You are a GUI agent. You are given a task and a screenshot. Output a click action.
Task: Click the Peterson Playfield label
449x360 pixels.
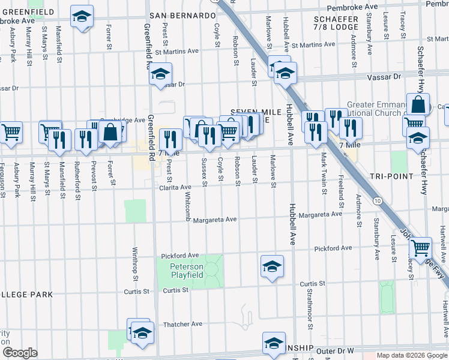187,271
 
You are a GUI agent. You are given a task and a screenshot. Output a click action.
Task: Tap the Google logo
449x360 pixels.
20,353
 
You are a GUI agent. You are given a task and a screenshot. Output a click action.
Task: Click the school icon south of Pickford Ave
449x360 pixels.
272,265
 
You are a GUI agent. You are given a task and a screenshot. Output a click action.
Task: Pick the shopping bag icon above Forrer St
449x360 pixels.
110,132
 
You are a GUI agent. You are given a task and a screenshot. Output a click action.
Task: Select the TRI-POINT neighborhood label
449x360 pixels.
391,176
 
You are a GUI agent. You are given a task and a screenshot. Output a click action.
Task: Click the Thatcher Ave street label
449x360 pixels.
184,324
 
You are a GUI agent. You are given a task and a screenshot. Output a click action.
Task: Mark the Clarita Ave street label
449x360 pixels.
175,188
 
